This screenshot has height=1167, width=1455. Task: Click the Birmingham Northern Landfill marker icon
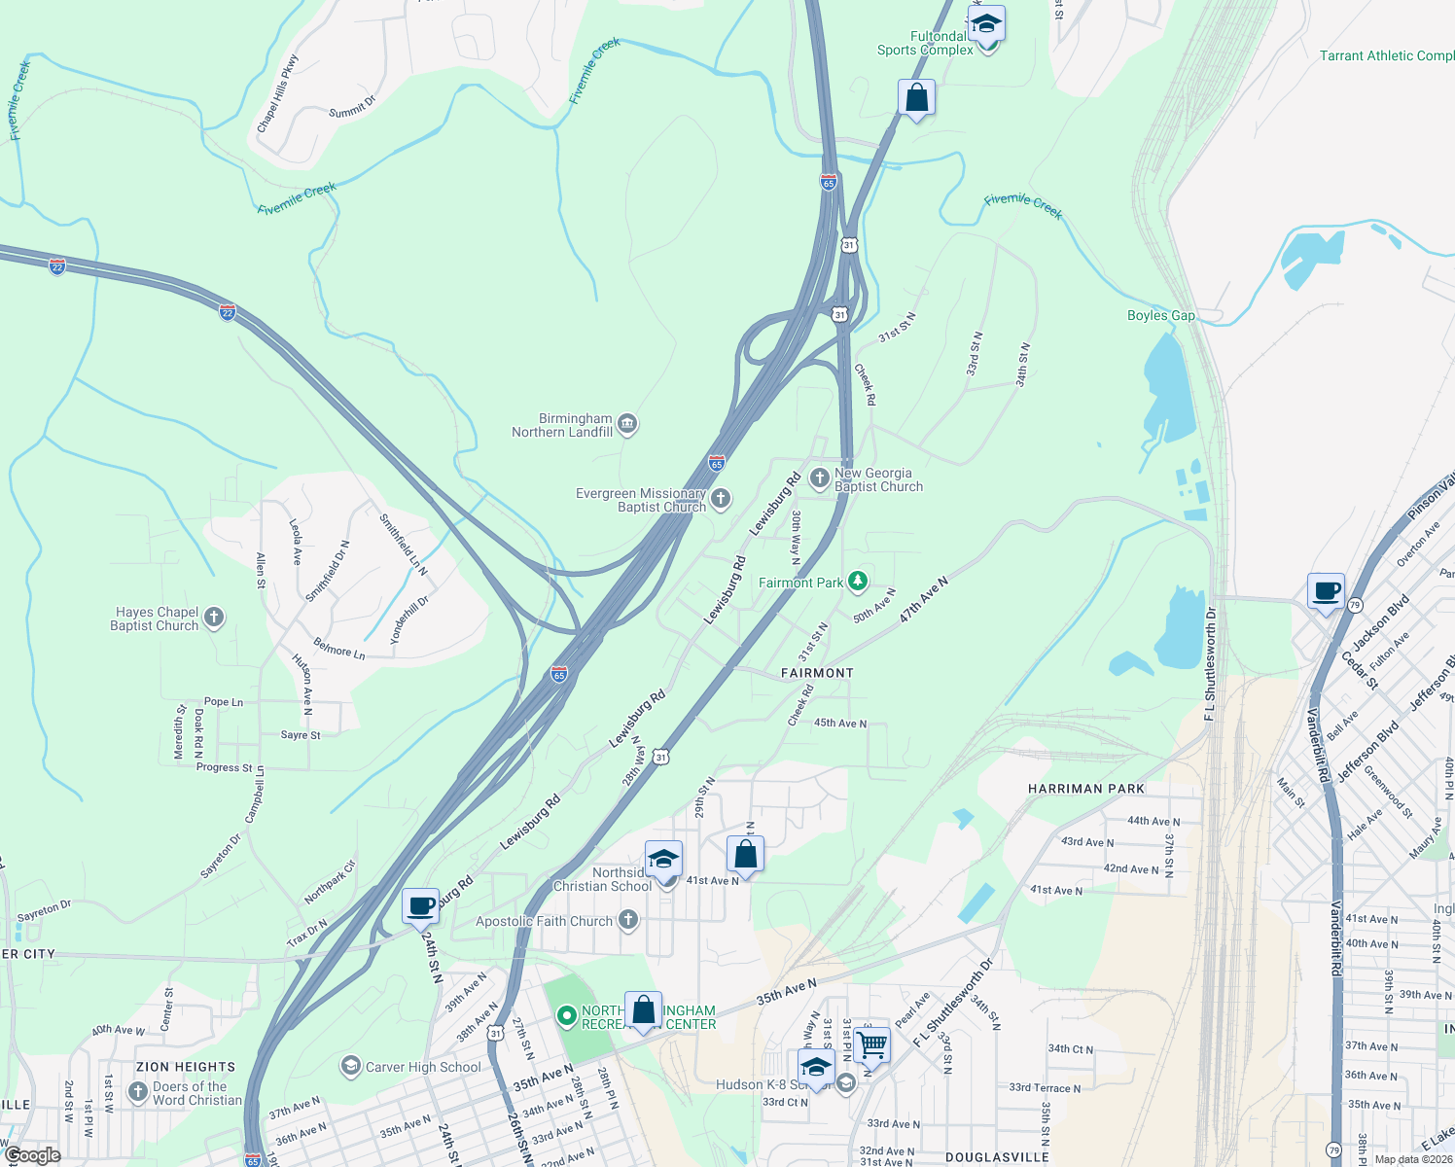coord(627,424)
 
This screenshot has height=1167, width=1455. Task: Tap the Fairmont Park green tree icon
coord(857,582)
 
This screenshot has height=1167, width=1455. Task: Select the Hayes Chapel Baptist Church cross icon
coord(214,618)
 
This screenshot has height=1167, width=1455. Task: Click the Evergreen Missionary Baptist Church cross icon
coord(721,500)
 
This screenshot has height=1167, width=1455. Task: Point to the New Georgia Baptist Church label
coord(878,479)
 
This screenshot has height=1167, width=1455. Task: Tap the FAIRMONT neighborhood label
coord(817,673)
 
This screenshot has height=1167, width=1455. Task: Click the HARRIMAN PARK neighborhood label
coord(1086,789)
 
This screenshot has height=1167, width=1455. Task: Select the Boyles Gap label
coord(1160,315)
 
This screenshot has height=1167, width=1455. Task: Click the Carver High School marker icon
coord(350,1067)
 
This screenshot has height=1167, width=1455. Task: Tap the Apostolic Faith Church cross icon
coord(628,920)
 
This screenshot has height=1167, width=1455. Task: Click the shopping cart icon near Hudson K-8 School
coord(872,1044)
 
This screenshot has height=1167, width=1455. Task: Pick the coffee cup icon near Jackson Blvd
coord(1326,590)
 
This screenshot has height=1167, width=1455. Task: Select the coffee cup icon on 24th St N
coord(420,905)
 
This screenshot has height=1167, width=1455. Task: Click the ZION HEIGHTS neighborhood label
coord(186,1067)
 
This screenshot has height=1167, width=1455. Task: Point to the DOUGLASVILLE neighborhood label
coord(997,1157)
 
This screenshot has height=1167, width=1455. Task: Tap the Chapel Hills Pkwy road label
coord(277,94)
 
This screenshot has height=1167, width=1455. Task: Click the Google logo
coord(32,1155)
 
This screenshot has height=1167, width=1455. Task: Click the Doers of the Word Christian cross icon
coord(138,1093)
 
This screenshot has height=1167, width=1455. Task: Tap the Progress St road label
coord(225,767)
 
